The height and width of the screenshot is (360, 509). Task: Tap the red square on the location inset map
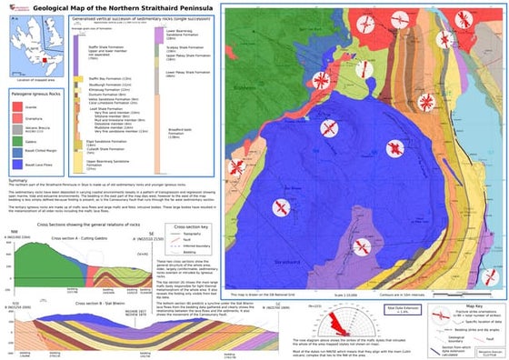[32, 33]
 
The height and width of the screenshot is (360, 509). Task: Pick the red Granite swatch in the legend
[17, 107]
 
